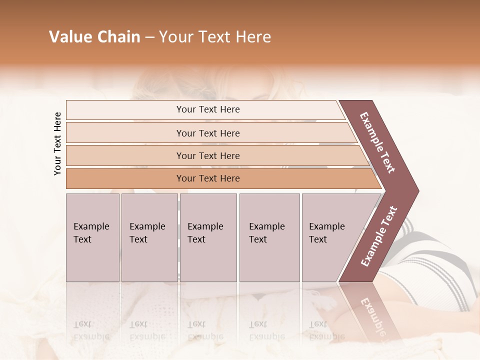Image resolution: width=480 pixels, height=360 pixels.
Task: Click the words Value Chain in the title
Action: tap(94, 37)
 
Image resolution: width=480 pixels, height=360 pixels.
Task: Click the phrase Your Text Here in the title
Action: tap(215, 37)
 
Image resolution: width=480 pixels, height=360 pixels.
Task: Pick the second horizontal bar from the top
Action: tap(207, 133)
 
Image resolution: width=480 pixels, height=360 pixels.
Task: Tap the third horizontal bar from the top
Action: tap(207, 155)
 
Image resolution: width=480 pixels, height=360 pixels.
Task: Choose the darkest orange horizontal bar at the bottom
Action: tap(207, 178)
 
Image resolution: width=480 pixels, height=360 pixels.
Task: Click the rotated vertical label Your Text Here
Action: tap(57, 143)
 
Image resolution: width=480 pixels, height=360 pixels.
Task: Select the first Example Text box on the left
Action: tap(92, 237)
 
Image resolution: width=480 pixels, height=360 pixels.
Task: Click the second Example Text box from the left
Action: tap(149, 237)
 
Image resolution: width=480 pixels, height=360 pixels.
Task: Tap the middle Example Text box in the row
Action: tap(208, 237)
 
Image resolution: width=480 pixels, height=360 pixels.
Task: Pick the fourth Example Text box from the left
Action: tap(269, 237)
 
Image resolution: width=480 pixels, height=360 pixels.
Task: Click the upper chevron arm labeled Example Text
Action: tap(377, 142)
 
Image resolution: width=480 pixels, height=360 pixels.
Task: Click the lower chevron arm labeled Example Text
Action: tap(378, 236)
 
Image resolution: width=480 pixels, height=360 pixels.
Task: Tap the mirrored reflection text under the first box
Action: tap(91, 330)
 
